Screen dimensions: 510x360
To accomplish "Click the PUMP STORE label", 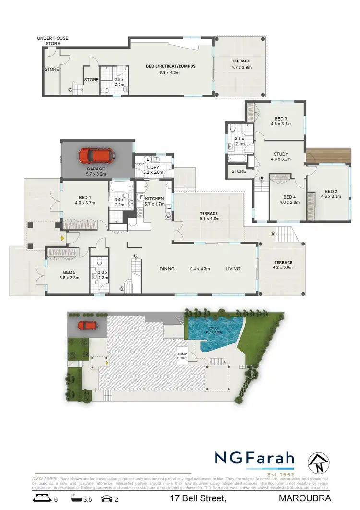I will click(x=182, y=356).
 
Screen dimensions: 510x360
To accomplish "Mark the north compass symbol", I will click(x=315, y=462).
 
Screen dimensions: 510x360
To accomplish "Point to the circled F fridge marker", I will click(x=141, y=197).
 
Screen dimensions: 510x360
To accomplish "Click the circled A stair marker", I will click(x=273, y=234).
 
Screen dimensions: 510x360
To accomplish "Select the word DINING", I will click(x=167, y=269).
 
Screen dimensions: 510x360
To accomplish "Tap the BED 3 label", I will click(x=281, y=119).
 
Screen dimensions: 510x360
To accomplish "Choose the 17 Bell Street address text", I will click(x=197, y=499).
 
